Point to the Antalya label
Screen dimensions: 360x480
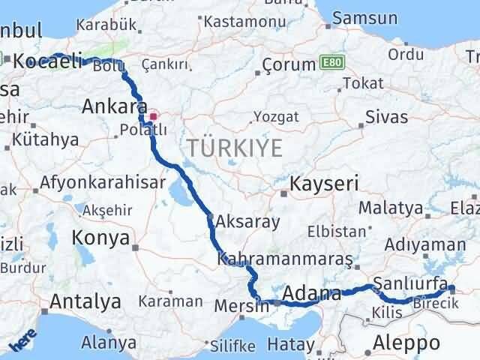[x=85, y=301]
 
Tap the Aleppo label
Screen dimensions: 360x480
[x=406, y=343]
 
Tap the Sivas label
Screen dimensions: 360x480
[x=386, y=117]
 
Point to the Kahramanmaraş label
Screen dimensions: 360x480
[x=285, y=259]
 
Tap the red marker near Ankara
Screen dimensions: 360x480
[x=154, y=117]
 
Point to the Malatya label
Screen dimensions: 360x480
[x=390, y=207]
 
